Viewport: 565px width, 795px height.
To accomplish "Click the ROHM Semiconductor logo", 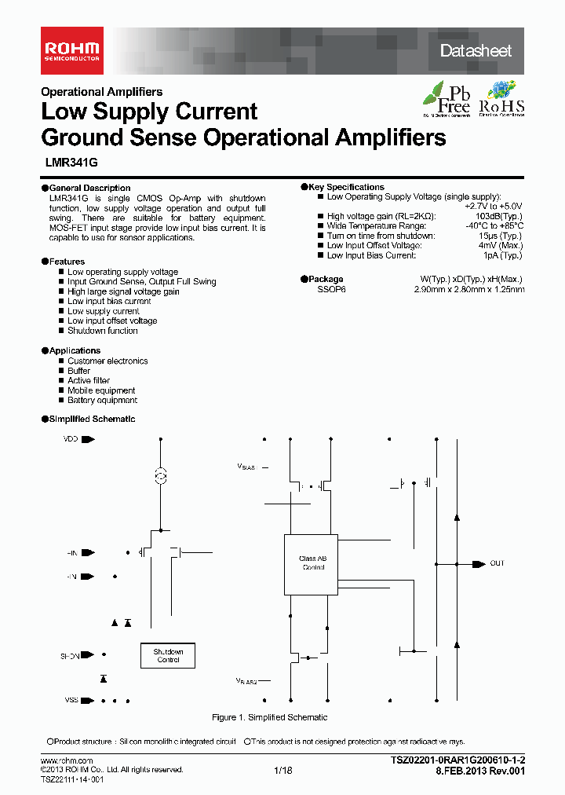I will [71, 49].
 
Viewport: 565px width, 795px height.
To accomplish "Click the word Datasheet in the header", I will [476, 51].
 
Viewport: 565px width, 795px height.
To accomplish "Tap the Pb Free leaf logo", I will [447, 99].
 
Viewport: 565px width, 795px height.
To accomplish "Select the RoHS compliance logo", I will [501, 99].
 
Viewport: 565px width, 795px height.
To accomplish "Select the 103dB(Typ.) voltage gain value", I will [498, 216].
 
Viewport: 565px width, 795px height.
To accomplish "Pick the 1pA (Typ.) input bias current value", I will [502, 255].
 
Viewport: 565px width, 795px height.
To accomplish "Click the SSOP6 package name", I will [331, 289].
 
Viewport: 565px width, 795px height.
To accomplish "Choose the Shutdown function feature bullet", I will [102, 331].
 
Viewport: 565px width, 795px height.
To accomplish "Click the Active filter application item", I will [88, 380].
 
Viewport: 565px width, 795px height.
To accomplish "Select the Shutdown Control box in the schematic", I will [168, 656].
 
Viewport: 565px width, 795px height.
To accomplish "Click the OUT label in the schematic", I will [498, 563].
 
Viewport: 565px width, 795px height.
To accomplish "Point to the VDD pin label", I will [71, 439].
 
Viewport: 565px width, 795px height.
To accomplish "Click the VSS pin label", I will [71, 700].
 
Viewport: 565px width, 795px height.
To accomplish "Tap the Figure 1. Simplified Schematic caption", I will [269, 717].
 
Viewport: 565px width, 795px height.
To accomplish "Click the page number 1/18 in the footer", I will [282, 771].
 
